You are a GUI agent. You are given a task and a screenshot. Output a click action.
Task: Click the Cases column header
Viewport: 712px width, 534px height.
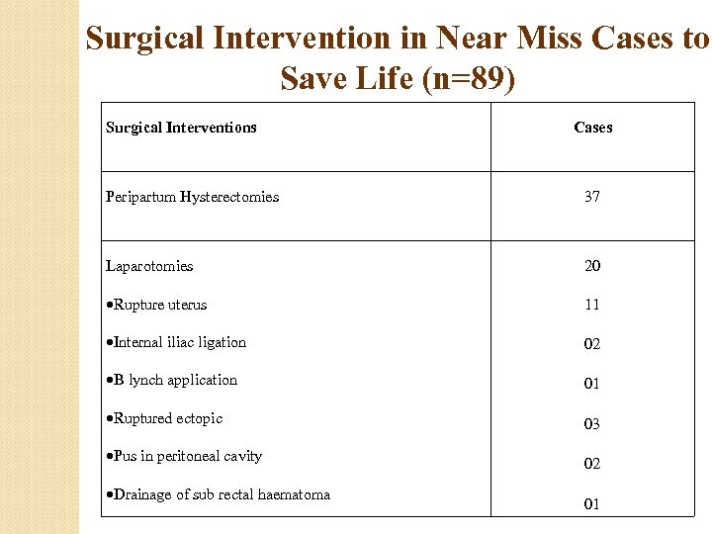pos(592,128)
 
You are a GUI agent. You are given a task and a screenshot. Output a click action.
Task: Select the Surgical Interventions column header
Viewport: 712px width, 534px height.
pos(181,128)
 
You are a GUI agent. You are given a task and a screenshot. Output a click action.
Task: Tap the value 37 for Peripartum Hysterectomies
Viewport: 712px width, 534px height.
pos(591,197)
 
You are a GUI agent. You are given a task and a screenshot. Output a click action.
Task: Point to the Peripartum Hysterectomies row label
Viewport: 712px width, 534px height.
pos(192,197)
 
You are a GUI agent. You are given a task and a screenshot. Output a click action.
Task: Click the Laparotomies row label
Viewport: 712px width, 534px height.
pos(149,266)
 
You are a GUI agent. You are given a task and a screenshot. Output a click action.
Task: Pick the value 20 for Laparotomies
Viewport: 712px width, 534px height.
pos(591,266)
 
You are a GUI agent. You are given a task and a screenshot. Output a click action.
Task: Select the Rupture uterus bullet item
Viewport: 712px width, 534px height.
pos(159,305)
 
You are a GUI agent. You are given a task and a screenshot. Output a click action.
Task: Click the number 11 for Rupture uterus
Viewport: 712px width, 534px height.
pos(591,305)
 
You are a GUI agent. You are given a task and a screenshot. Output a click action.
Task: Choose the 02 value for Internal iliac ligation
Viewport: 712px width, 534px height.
pos(591,344)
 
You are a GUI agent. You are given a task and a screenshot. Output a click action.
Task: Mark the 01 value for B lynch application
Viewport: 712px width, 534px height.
pos(591,384)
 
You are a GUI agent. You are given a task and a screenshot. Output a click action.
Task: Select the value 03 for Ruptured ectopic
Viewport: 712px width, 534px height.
pos(591,424)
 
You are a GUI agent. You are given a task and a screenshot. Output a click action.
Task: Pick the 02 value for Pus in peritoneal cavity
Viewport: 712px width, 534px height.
pos(591,464)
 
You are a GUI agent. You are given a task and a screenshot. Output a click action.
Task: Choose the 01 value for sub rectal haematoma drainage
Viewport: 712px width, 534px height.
pos(591,504)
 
